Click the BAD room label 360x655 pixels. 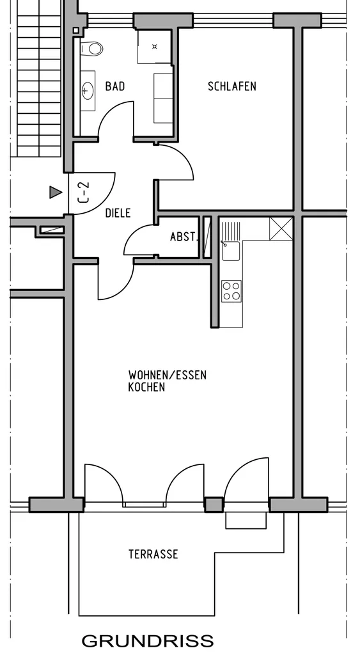pos(115,86)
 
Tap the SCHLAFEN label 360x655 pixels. pos(231,86)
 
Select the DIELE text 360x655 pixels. pos(118,213)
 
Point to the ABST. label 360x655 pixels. pos(184,237)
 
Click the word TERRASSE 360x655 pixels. pos(153,555)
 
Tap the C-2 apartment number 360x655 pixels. pos(84,192)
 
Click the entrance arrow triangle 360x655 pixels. pos(56,192)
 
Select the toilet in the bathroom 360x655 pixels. pos(91,49)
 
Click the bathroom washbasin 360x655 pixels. pos(88,90)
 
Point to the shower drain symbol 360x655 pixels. pos(155,46)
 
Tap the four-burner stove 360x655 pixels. pos(231,291)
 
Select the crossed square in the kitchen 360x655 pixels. pos(281,229)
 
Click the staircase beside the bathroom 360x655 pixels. pos(39,79)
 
